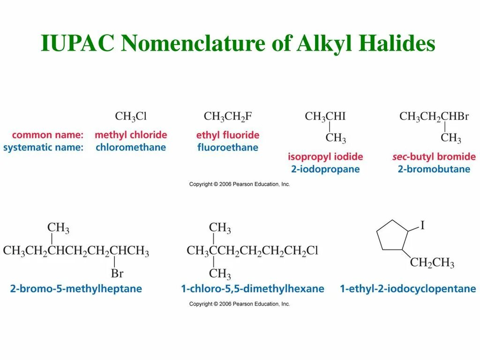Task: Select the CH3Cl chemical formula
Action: (x=131, y=116)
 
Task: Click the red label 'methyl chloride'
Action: (x=131, y=135)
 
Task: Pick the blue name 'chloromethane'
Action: (x=131, y=147)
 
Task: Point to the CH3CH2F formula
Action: (x=228, y=116)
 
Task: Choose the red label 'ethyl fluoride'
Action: (x=228, y=135)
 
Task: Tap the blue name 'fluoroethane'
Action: (x=228, y=147)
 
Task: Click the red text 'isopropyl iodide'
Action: (x=325, y=157)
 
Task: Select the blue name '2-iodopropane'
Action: (x=325, y=169)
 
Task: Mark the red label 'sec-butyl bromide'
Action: (x=434, y=157)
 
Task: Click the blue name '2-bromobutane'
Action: (x=434, y=169)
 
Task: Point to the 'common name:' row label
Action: (x=48, y=135)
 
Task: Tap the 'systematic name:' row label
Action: (x=43, y=147)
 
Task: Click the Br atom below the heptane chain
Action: (x=117, y=273)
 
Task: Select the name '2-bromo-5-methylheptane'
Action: (x=76, y=289)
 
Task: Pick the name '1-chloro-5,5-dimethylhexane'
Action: (x=253, y=289)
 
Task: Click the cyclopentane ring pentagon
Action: (x=393, y=235)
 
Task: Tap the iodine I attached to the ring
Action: (x=422, y=226)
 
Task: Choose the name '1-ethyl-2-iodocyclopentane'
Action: (x=408, y=289)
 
